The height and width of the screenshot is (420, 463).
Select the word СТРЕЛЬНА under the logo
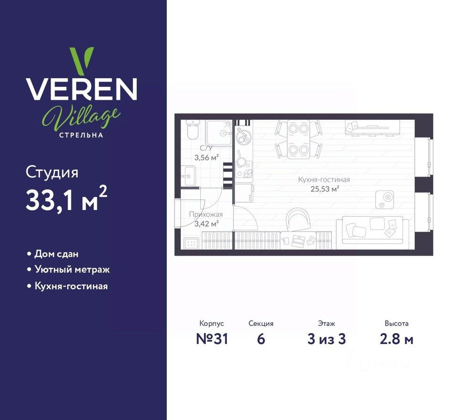click(x=81, y=135)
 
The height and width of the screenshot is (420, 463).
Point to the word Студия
click(x=52, y=172)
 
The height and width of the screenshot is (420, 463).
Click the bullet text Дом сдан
click(x=56, y=254)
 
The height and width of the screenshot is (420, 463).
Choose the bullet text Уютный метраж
click(x=72, y=270)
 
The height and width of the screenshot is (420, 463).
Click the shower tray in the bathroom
click(x=219, y=131)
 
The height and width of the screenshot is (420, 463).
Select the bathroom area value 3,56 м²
click(x=206, y=157)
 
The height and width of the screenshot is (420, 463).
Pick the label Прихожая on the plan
click(x=206, y=215)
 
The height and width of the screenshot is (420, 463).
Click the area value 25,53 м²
click(x=324, y=189)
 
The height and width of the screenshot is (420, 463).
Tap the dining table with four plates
click(x=299, y=139)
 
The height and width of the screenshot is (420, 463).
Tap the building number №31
click(x=212, y=339)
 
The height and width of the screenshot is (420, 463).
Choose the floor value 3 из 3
click(x=327, y=339)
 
